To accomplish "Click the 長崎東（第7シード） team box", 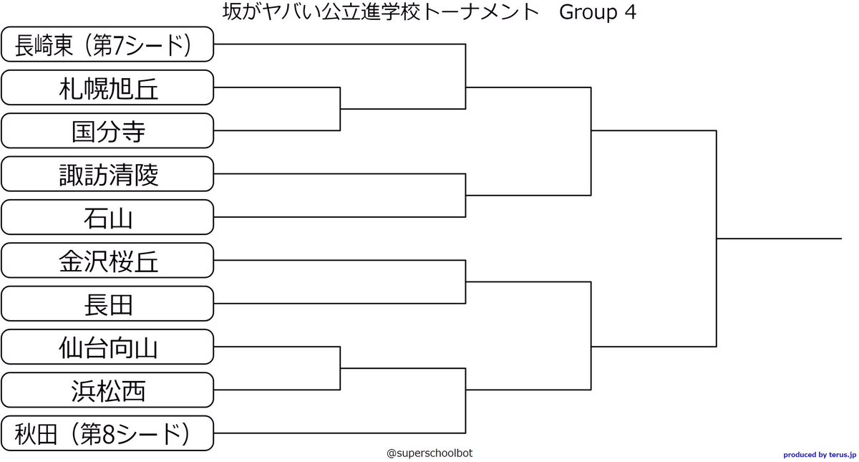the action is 107,44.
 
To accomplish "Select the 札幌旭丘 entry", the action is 107,87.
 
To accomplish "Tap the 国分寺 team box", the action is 107,131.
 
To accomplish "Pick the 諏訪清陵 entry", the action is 107,174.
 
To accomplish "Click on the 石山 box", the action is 107,217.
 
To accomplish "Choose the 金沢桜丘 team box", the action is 107,261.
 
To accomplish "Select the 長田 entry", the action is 107,304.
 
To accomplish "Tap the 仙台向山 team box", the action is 107,347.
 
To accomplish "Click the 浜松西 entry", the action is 107,390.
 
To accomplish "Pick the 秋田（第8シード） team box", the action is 107,433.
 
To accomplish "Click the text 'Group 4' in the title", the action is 598,12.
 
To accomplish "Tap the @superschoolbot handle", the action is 429,453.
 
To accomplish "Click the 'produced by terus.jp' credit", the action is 819,454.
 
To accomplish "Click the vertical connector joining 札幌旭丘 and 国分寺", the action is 340,109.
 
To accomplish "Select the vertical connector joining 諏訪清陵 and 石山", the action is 466,196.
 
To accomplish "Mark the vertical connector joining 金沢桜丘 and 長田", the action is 466,282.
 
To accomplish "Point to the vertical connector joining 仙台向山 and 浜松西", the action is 340,369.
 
